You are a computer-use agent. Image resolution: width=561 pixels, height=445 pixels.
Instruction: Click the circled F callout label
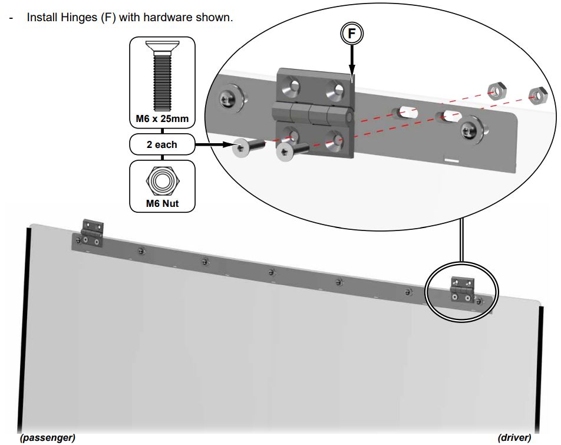352,34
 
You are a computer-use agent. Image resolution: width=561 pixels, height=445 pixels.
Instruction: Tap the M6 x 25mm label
162,119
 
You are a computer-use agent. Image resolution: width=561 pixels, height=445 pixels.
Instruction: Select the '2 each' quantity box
162,144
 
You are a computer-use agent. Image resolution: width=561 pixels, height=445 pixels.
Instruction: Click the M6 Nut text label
162,205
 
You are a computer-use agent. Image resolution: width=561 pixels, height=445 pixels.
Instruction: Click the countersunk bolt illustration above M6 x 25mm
162,77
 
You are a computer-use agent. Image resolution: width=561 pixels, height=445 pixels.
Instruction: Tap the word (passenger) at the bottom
48,437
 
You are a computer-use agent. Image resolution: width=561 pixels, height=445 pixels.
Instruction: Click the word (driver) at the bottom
514,437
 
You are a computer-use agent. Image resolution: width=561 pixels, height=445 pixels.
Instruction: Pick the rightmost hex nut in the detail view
536,93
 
